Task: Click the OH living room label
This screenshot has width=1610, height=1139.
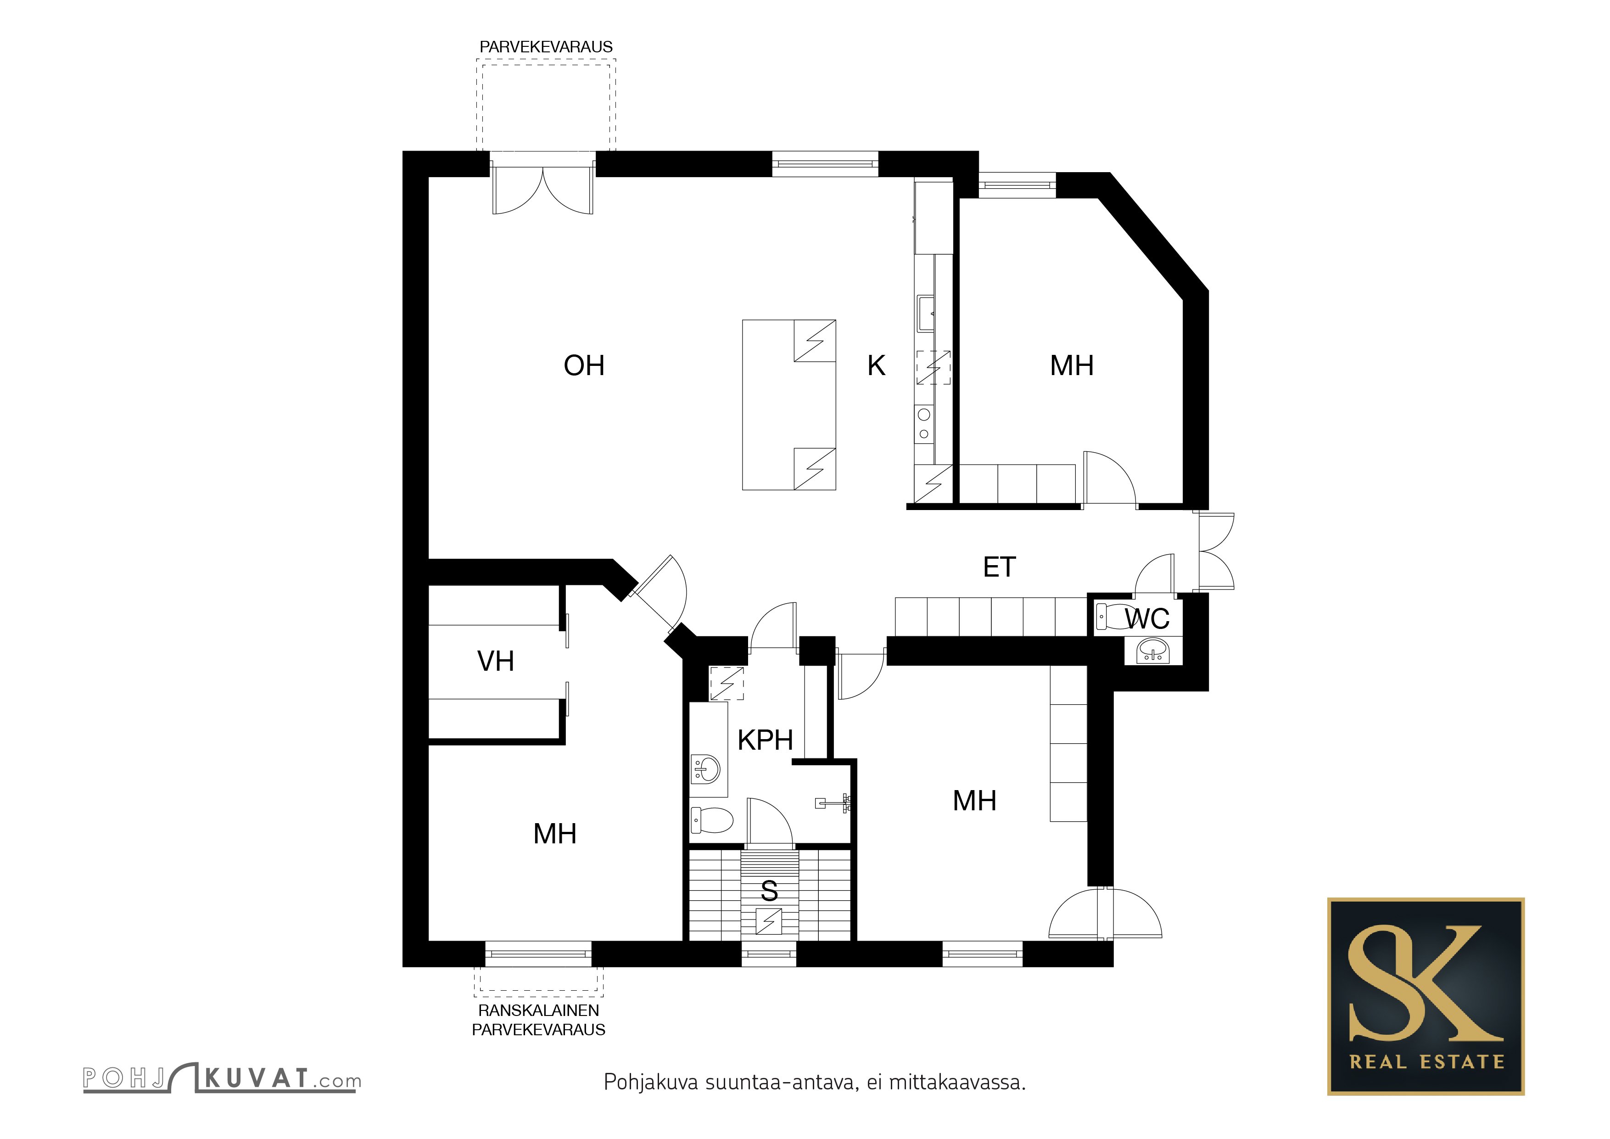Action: coord(584,365)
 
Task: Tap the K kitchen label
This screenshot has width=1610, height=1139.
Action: coord(877,365)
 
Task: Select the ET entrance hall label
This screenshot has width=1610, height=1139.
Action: coord(999,567)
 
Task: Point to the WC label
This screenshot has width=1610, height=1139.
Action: coord(1147,618)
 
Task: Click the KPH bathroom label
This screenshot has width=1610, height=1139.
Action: coord(765,740)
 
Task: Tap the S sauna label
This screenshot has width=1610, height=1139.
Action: coord(769,891)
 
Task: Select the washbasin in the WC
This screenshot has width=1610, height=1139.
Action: coord(1153,651)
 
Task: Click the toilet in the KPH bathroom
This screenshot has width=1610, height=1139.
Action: coord(712,819)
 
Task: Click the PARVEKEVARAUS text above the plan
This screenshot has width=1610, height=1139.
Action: coord(546,47)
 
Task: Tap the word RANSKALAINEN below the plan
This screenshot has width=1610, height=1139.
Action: coord(538,1010)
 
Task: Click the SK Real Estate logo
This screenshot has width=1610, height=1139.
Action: coord(1426,996)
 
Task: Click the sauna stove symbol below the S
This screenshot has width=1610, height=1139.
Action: coord(769,921)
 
